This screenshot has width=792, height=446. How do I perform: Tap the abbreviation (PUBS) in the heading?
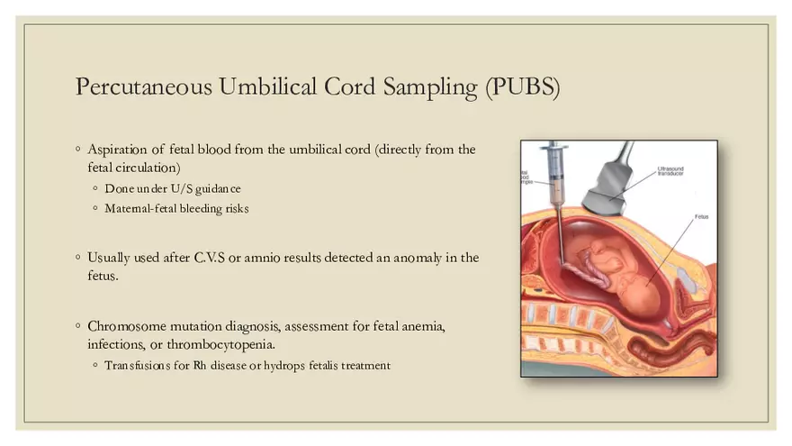click(x=521, y=87)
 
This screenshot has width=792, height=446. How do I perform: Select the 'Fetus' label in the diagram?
click(x=701, y=217)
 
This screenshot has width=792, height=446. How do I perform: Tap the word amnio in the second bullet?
click(x=272, y=258)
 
